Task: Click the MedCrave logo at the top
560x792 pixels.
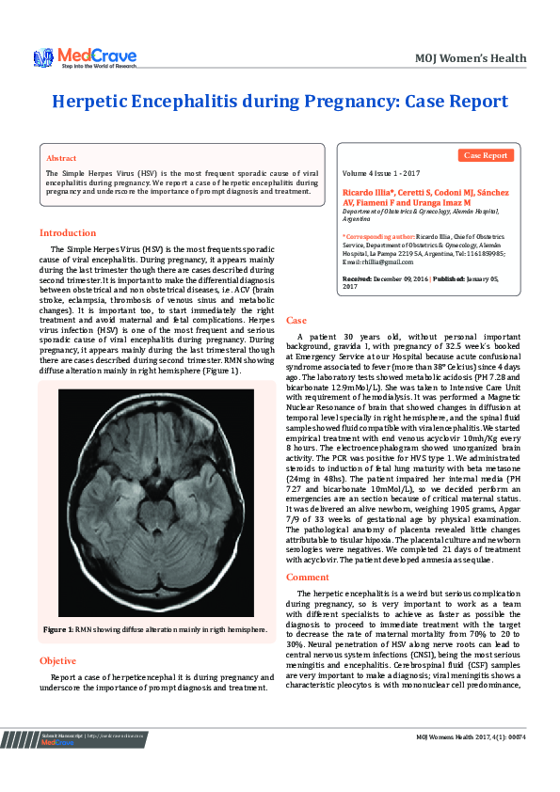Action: (x=85, y=58)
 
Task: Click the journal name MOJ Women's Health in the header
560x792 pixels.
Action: (x=471, y=58)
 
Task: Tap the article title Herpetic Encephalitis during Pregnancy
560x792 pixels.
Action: (x=280, y=102)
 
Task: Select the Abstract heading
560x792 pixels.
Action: (x=61, y=158)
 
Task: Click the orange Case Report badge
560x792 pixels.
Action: (x=487, y=155)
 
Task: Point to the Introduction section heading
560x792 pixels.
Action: (x=70, y=232)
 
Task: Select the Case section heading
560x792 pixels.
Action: (x=296, y=321)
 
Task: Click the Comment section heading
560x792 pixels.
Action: (x=308, y=577)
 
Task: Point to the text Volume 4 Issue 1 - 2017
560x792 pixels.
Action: (x=381, y=175)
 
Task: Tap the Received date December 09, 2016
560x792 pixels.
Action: (x=400, y=279)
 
